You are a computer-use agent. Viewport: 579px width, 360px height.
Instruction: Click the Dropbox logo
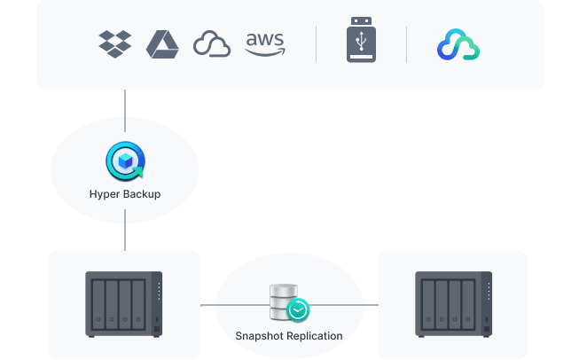click(x=115, y=43)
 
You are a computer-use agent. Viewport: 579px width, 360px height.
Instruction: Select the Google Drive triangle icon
click(x=163, y=43)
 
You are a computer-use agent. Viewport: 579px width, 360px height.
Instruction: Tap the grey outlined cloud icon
click(x=212, y=44)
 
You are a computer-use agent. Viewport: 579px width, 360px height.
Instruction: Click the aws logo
click(x=264, y=43)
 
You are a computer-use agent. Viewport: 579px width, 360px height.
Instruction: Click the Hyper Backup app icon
click(x=124, y=162)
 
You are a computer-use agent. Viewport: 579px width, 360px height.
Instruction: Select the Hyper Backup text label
click(x=125, y=193)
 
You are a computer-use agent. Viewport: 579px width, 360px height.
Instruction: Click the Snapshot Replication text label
click(x=289, y=336)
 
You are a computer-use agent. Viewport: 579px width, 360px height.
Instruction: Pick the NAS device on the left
click(x=124, y=304)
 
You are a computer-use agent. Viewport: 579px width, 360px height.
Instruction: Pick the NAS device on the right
click(x=453, y=304)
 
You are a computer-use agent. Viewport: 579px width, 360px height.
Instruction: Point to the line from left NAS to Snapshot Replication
click(x=208, y=304)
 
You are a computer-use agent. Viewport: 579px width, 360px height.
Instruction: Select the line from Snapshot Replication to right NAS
click(x=371, y=304)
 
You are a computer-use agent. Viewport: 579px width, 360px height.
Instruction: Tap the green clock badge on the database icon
click(x=299, y=309)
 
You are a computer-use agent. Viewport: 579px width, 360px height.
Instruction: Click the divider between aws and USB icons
click(x=317, y=44)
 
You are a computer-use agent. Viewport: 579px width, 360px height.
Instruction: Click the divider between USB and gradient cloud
click(x=407, y=44)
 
